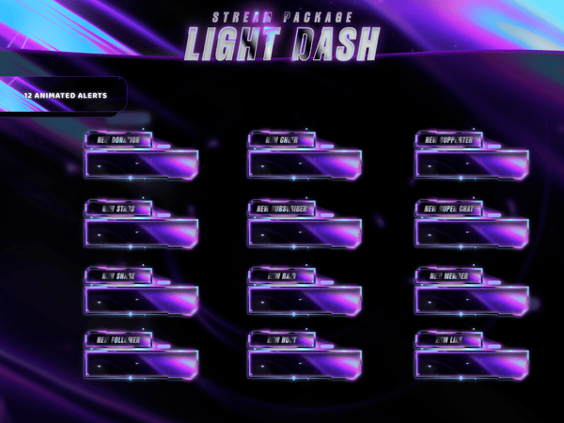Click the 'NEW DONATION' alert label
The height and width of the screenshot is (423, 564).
117,140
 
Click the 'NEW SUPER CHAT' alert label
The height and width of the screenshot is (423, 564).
448,208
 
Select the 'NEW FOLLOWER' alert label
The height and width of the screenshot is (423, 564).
117,338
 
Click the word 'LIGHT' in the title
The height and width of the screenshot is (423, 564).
234,43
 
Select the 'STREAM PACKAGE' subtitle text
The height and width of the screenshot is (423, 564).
282,17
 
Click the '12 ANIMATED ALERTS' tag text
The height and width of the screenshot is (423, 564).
66,96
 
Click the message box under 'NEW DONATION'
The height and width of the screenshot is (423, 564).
141,164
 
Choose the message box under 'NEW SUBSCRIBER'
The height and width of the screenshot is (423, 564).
305,231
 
